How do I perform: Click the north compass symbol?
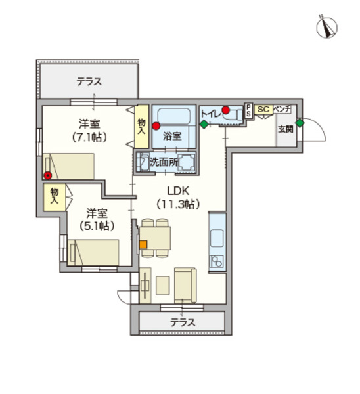(326, 27)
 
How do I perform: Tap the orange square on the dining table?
(143, 244)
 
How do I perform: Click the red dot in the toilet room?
(225, 110)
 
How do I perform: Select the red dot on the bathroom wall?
(156, 126)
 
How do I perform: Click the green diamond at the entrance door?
(300, 123)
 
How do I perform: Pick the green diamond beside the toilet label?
(204, 124)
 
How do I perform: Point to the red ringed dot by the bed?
(47, 175)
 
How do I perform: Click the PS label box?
(248, 110)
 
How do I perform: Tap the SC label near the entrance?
(263, 109)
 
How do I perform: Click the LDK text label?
(178, 191)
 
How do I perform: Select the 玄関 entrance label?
(286, 129)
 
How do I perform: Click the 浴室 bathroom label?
(172, 136)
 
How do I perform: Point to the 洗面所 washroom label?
(164, 162)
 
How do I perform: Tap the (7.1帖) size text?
(89, 137)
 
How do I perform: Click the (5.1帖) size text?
(97, 226)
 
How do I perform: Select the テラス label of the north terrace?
(89, 82)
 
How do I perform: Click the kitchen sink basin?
(217, 238)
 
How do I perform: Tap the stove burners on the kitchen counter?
(216, 261)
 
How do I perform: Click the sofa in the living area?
(185, 285)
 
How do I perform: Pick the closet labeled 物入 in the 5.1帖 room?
(55, 197)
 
